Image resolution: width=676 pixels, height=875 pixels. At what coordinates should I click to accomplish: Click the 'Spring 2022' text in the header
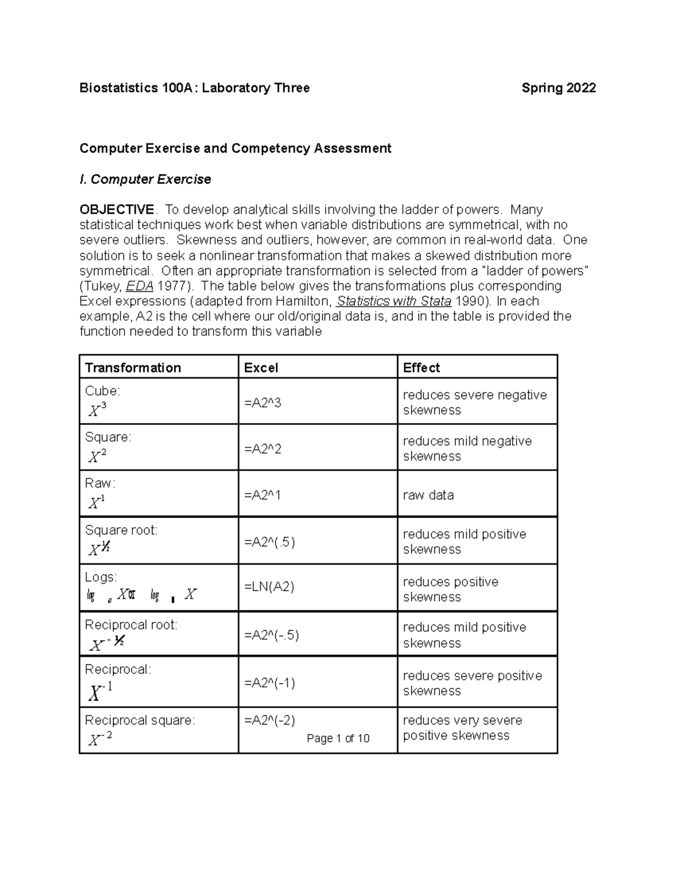(x=558, y=88)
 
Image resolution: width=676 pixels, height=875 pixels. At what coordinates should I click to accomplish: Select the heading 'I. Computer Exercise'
(x=145, y=179)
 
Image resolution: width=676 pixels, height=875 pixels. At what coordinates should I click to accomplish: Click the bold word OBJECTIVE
(x=117, y=210)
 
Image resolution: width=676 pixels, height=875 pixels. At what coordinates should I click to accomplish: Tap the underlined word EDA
(x=139, y=286)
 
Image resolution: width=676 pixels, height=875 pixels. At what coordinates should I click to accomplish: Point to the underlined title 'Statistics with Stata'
(x=394, y=301)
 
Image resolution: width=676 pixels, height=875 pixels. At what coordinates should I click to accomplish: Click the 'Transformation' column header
(x=133, y=368)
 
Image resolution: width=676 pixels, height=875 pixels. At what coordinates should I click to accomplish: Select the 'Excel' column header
(x=261, y=368)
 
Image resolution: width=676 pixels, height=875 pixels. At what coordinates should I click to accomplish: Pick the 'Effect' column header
(x=421, y=368)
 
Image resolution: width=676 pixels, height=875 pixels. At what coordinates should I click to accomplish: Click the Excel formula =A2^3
(x=263, y=403)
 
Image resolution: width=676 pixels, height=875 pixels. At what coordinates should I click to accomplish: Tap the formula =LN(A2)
(x=269, y=587)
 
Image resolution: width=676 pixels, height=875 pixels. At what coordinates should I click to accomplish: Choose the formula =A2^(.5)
(x=269, y=542)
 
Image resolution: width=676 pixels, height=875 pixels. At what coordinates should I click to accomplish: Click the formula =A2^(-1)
(x=269, y=683)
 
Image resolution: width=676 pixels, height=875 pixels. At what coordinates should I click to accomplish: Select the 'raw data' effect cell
(x=428, y=495)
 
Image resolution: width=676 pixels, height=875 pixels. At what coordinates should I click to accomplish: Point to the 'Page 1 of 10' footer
(x=338, y=738)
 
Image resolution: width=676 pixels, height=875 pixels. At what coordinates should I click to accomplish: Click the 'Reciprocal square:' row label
(x=140, y=720)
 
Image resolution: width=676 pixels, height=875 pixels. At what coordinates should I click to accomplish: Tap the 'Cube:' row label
(x=102, y=391)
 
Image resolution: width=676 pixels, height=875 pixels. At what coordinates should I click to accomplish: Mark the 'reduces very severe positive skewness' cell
(x=462, y=728)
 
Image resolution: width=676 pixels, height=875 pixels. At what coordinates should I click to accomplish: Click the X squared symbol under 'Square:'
(x=97, y=456)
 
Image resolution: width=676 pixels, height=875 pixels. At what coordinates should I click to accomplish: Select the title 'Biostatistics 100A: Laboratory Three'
(x=194, y=88)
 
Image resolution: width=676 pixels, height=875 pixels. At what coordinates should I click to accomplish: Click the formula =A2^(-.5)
(x=271, y=635)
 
